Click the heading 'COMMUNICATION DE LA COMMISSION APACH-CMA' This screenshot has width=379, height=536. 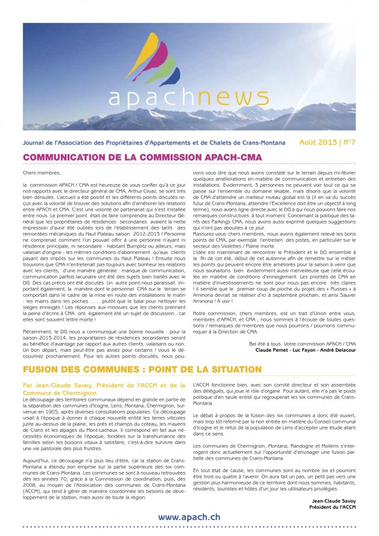(143, 157)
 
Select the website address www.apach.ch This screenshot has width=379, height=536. (189, 517)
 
